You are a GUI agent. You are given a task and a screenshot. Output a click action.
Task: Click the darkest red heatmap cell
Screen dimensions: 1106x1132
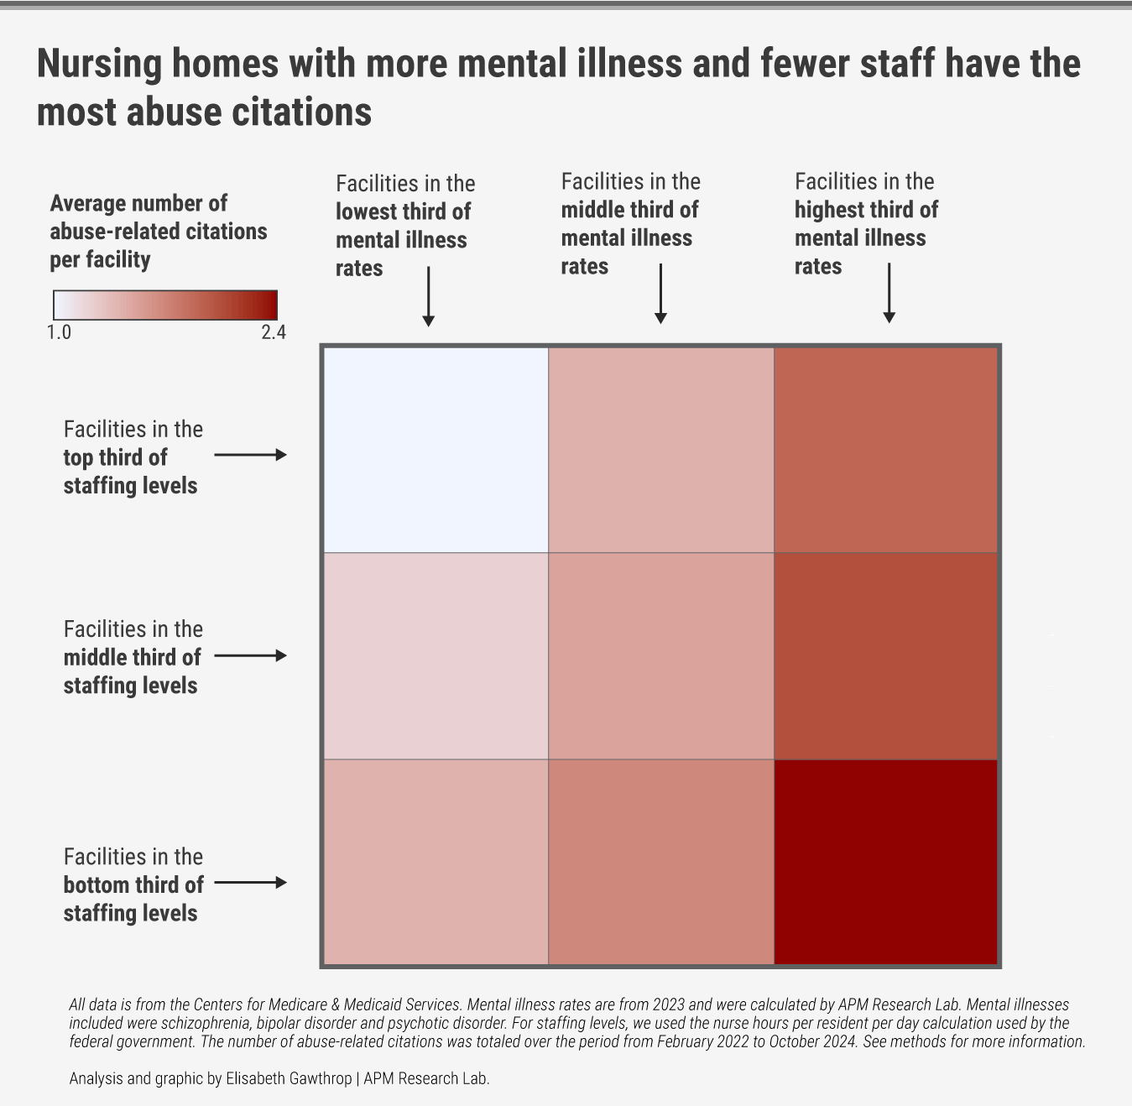pyautogui.click(x=885, y=862)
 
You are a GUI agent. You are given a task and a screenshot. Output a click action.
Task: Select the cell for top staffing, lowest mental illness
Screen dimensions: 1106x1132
pyautogui.click(x=436, y=450)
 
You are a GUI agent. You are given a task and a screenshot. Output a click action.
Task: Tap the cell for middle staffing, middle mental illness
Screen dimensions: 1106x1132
pyautogui.click(x=660, y=655)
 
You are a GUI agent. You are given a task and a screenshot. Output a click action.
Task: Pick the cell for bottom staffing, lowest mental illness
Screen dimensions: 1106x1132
pyautogui.click(x=436, y=862)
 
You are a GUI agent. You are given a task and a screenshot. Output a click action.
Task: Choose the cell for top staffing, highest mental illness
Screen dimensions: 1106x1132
pyautogui.click(x=885, y=450)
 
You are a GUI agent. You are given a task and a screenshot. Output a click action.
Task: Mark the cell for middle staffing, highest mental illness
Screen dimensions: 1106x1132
pyautogui.click(x=885, y=655)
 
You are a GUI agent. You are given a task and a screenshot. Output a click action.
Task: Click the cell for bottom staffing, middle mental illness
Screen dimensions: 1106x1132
pyautogui.click(x=660, y=862)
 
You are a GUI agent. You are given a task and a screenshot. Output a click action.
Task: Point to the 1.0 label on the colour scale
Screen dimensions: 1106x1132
pyautogui.click(x=59, y=332)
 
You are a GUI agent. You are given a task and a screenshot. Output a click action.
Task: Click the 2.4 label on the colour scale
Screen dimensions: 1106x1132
pyautogui.click(x=274, y=332)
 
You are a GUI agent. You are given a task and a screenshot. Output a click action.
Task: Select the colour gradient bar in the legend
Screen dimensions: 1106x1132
pyautogui.click(x=165, y=305)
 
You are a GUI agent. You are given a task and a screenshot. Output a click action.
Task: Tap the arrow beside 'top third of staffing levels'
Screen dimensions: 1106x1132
pyautogui.click(x=250, y=455)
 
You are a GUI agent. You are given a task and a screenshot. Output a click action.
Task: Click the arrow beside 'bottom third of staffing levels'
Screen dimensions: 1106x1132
pyautogui.click(x=250, y=883)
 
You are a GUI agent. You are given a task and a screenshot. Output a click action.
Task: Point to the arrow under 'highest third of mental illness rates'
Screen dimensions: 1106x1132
pyautogui.click(x=889, y=293)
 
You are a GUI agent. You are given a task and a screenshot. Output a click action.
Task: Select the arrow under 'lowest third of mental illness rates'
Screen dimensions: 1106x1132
pyautogui.click(x=428, y=296)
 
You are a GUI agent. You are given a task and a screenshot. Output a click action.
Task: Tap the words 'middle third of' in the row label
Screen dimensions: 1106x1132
pyautogui.click(x=133, y=657)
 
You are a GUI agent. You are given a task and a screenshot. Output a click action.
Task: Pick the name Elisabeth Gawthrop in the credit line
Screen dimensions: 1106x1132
pyautogui.click(x=289, y=1078)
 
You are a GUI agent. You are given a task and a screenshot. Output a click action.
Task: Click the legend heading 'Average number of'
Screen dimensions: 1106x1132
pyautogui.click(x=138, y=203)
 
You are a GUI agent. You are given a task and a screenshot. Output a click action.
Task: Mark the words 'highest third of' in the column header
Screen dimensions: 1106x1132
pyautogui.click(x=866, y=210)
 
